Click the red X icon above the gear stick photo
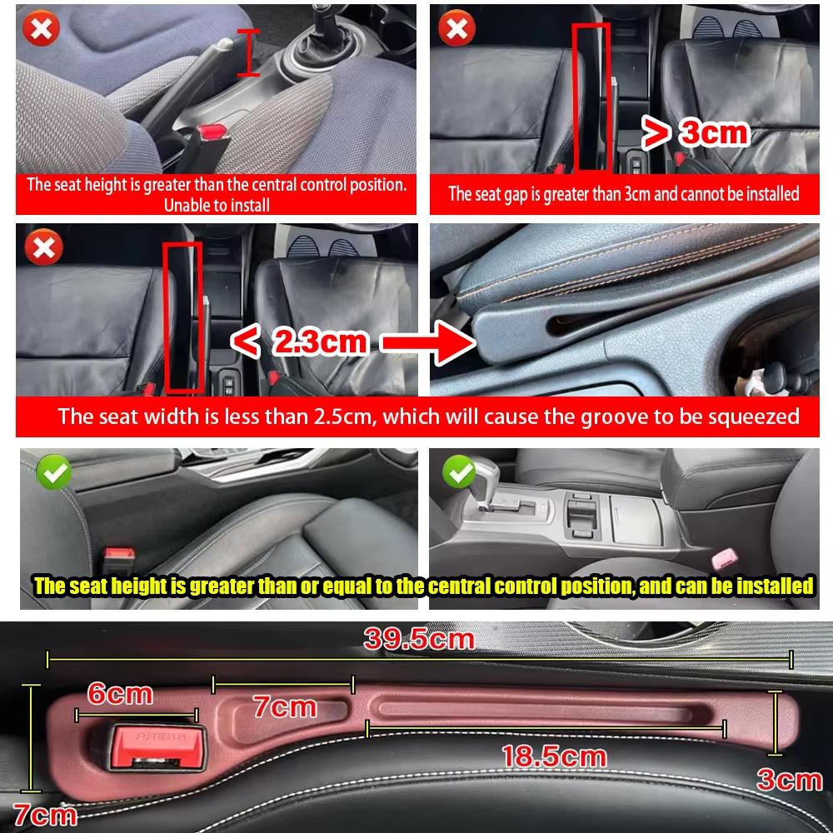coord(40,30)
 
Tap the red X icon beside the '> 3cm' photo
coord(456,30)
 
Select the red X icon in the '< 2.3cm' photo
coord(40,247)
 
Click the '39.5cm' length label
coord(418,640)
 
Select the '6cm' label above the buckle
coord(120,694)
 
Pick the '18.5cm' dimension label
coord(553,756)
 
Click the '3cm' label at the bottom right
coord(789,780)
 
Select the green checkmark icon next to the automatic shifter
coord(457,471)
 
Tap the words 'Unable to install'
coord(217,204)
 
